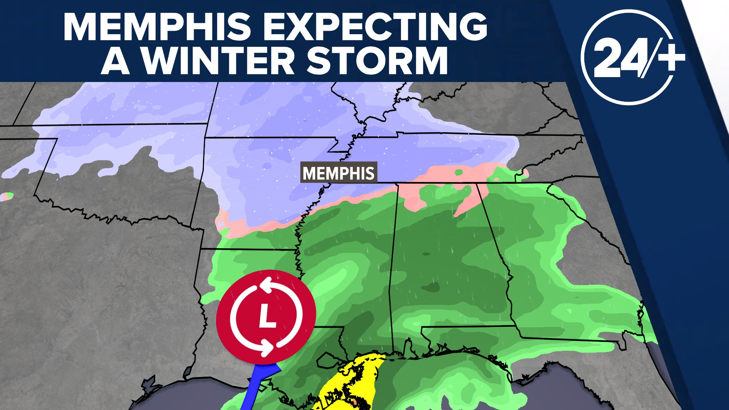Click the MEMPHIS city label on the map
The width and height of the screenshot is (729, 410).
click(338, 173)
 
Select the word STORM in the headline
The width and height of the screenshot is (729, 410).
click(377, 61)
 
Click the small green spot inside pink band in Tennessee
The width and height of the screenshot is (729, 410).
click(459, 173)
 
